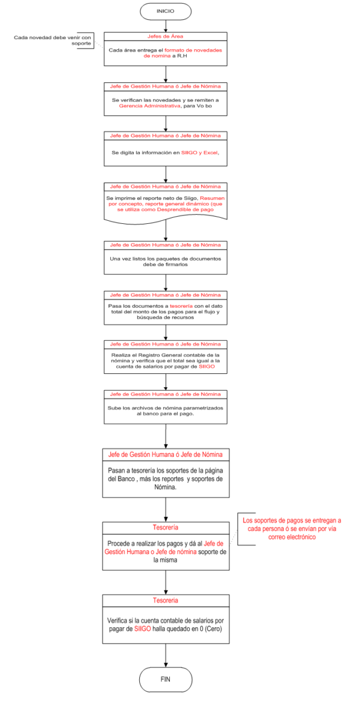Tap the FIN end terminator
click(x=165, y=679)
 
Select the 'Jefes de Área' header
click(x=165, y=35)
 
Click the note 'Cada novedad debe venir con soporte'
click(x=53, y=41)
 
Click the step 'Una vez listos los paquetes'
click(x=165, y=262)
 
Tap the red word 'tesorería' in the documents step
click(x=184, y=305)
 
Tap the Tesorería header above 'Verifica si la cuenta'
click(x=165, y=600)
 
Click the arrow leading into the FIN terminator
click(x=165, y=655)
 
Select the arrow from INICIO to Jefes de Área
click(x=165, y=25)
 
